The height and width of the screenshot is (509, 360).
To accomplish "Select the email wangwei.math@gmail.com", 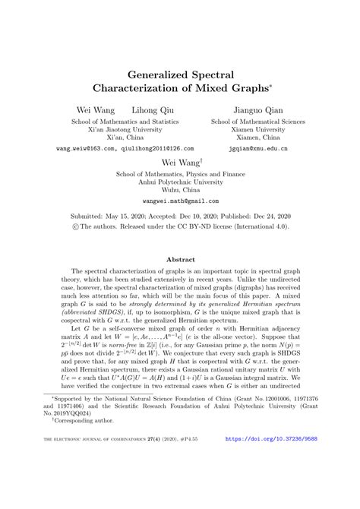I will point(180,201).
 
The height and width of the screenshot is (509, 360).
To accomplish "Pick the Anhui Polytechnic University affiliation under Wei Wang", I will point(180,182).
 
